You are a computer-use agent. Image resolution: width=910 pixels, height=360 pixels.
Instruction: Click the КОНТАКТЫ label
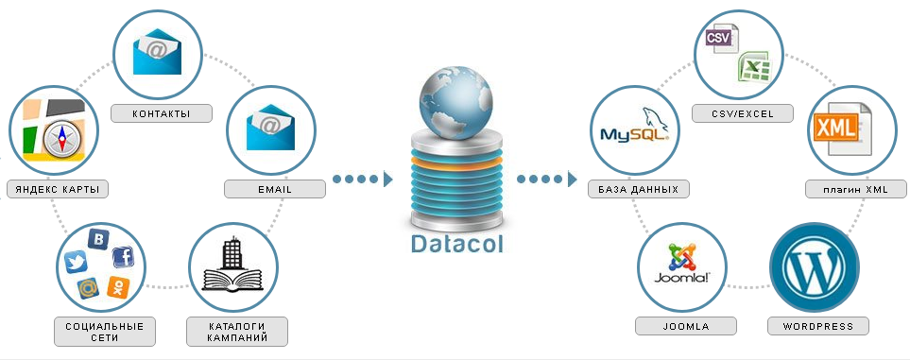click(x=161, y=114)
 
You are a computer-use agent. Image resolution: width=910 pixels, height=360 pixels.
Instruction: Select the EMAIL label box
click(x=275, y=189)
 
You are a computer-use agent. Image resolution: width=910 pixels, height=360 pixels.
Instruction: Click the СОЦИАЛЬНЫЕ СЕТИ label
click(x=104, y=332)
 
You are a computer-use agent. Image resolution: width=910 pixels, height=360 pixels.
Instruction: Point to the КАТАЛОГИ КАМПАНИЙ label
click(x=236, y=332)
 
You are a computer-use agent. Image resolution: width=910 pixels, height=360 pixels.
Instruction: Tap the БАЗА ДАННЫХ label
click(x=639, y=189)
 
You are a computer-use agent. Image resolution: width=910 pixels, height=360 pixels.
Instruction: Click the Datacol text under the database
click(x=457, y=244)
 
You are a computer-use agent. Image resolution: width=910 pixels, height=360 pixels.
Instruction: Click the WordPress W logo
click(x=814, y=266)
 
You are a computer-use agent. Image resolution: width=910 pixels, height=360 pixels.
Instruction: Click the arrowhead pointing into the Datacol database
click(x=387, y=179)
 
